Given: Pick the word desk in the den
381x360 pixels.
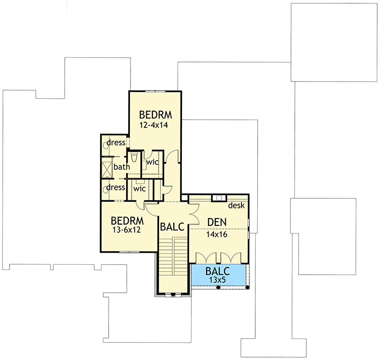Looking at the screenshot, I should (x=236, y=206).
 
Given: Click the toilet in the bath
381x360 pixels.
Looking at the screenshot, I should (x=134, y=158).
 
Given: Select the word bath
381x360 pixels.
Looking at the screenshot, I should (x=121, y=167).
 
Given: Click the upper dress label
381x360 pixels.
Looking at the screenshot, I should (x=116, y=143).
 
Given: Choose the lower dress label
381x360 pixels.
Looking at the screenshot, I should (x=116, y=187).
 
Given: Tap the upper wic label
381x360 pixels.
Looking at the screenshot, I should (x=152, y=162).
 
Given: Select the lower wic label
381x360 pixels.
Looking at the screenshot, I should (x=139, y=188).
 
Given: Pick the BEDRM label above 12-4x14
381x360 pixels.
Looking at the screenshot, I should (x=155, y=115).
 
